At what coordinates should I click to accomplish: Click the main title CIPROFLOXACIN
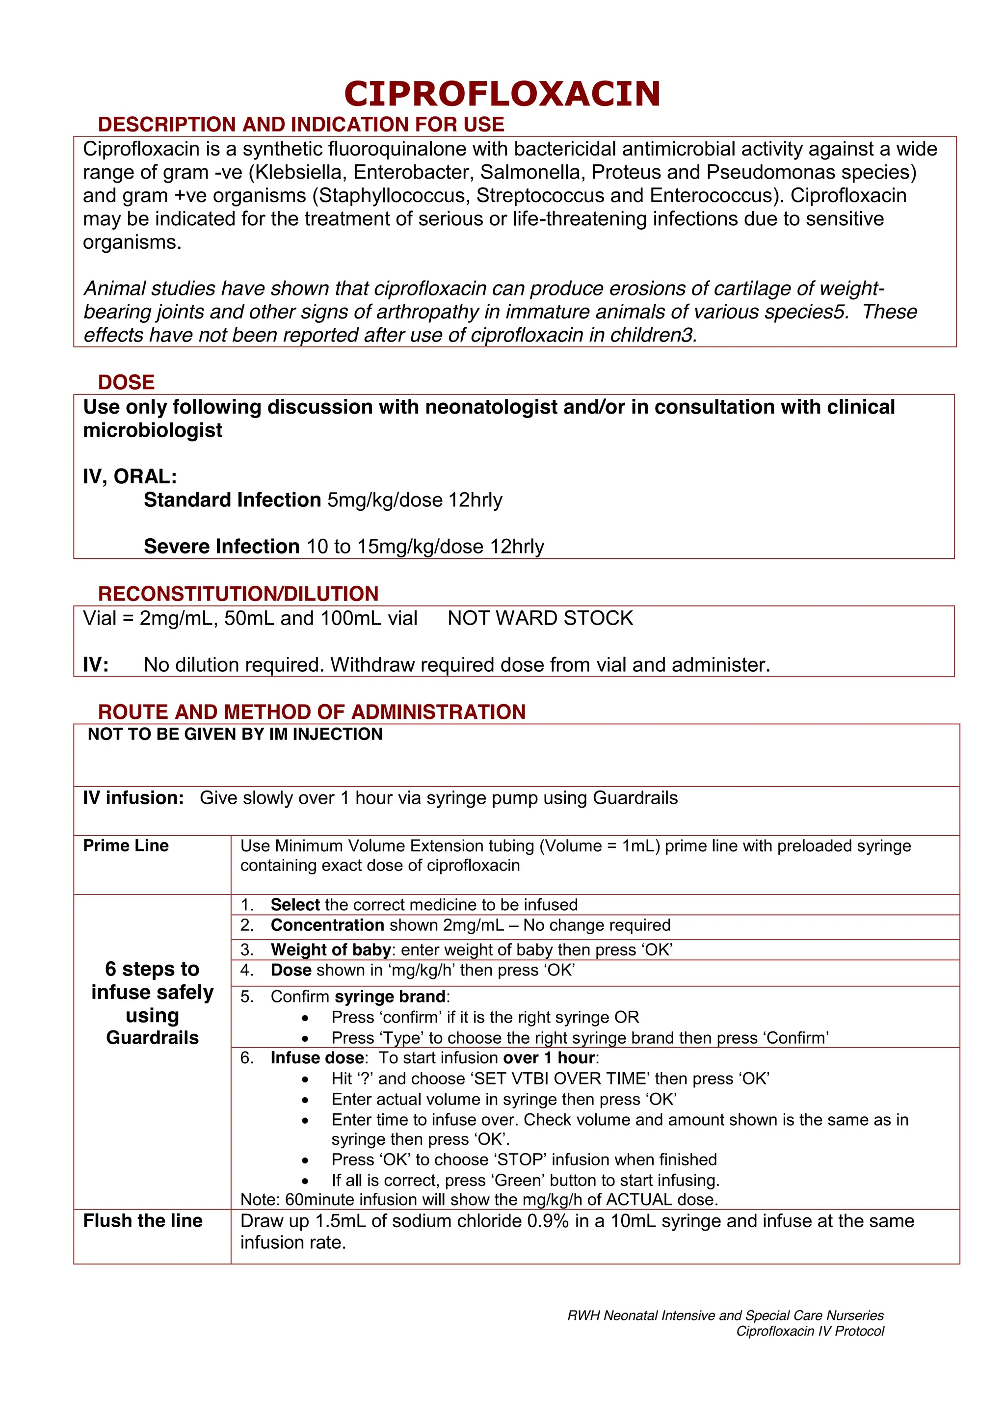[502, 94]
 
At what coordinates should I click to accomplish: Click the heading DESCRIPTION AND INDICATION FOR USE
[301, 125]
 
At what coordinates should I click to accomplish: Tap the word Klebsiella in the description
[297, 172]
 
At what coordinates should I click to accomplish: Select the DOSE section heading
[126, 382]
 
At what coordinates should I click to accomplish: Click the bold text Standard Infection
[232, 500]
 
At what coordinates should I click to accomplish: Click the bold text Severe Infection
[221, 547]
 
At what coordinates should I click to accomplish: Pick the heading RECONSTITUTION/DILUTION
[238, 594]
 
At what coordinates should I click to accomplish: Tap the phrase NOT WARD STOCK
[540, 618]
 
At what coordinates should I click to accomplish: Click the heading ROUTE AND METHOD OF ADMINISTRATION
[312, 712]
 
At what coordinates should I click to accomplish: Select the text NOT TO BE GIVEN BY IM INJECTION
[235, 735]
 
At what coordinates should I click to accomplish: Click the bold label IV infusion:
[133, 798]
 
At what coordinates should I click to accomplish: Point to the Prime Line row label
[126, 845]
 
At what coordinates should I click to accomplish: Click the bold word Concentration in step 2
[327, 925]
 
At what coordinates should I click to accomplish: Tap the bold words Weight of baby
[330, 950]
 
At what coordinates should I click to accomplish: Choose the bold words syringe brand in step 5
[390, 997]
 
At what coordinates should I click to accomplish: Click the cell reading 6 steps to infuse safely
[152, 1002]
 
